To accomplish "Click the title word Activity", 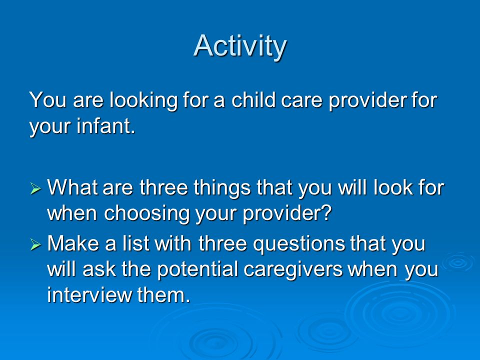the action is [x=240, y=46].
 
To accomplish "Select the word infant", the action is [x=105, y=125].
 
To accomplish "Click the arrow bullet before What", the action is [x=35, y=188].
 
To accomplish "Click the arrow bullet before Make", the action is [x=35, y=245].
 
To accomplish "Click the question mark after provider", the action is [x=326, y=212].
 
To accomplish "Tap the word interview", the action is [x=89, y=295].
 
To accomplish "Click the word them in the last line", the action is [x=163, y=295].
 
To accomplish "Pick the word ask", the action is [x=98, y=269].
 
